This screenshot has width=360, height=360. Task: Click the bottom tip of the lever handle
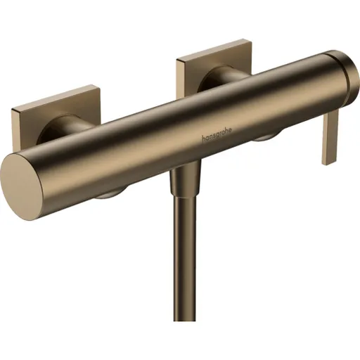point(328,162)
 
